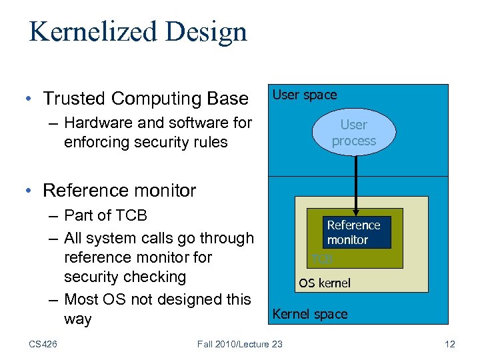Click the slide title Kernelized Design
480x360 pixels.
coord(138,31)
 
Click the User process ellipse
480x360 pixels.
coord(353,133)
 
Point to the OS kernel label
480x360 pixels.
coord(324,283)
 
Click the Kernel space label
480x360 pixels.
coord(310,314)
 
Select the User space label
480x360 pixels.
coord(305,95)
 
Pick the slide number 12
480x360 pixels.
coord(449,344)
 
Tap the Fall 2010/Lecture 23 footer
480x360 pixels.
coord(240,344)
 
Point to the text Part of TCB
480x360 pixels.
coord(105,215)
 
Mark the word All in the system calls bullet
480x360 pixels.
coord(74,238)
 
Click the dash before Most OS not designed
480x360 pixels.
coord(54,299)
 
